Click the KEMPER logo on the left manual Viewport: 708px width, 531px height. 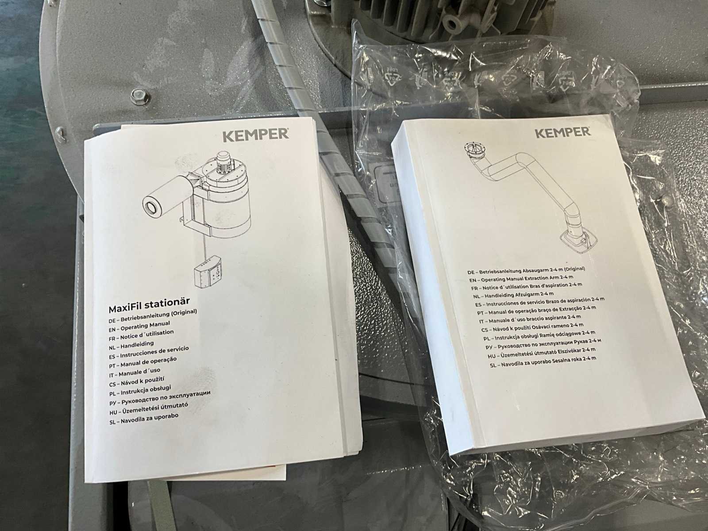tap(255, 135)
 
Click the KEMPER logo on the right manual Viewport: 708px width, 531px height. tap(563, 133)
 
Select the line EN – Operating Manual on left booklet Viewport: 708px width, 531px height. tap(139, 326)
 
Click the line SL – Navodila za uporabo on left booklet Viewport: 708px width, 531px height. tap(144, 419)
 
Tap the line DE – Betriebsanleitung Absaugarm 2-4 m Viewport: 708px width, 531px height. tap(526, 270)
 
